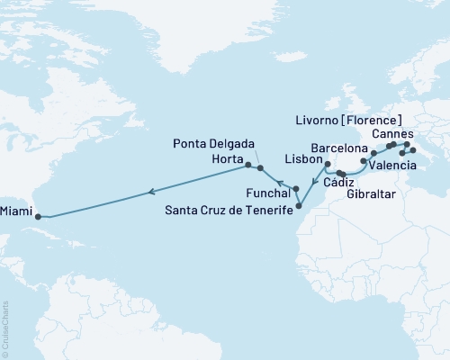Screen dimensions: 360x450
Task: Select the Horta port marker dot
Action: coord(247,166)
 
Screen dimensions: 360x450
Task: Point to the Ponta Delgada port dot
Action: coord(260,168)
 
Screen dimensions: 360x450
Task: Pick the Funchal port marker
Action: coord(296,188)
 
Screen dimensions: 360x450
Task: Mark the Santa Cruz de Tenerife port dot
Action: coord(300,206)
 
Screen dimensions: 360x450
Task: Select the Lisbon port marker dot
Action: coord(327,165)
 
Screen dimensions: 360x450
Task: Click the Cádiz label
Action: coord(328,184)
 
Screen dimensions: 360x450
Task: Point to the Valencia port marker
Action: coord(363,162)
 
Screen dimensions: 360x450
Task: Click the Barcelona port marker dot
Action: coord(373,153)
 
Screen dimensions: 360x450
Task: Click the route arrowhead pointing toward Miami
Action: coord(151,191)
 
